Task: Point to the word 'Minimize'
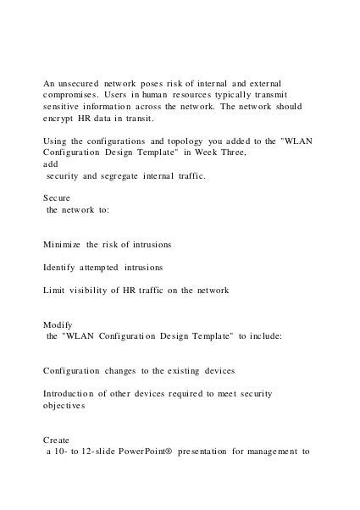click(63, 244)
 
